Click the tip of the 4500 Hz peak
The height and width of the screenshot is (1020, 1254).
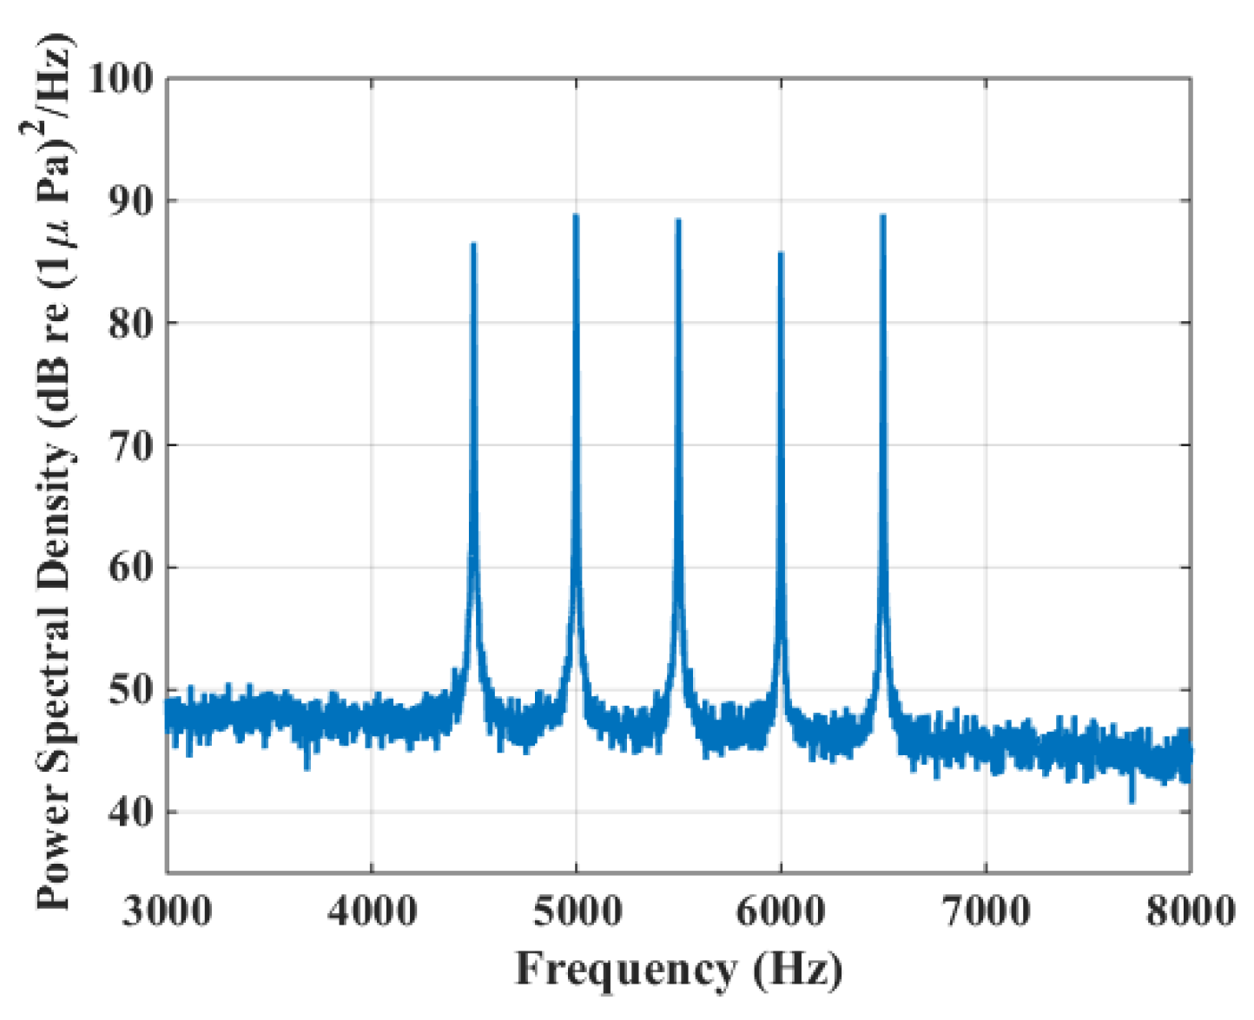[x=473, y=245]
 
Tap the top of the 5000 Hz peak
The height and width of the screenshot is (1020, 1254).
[x=576, y=216]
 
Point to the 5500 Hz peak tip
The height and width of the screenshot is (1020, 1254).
[x=678, y=220]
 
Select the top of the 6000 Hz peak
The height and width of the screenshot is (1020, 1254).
[x=781, y=253]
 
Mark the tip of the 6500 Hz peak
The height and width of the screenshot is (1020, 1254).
[x=883, y=216]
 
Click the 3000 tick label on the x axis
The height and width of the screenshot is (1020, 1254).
[x=167, y=911]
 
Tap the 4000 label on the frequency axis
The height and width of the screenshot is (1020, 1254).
[x=372, y=911]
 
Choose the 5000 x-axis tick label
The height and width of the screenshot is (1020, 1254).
[x=577, y=911]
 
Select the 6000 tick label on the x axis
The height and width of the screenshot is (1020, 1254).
[x=782, y=911]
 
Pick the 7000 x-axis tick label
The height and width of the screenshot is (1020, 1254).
[x=987, y=911]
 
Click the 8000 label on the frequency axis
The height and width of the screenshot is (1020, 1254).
[x=1190, y=911]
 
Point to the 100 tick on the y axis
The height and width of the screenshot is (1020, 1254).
[x=121, y=79]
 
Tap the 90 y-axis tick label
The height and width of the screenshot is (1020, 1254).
[x=130, y=201]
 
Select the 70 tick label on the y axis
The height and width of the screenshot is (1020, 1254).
[x=130, y=446]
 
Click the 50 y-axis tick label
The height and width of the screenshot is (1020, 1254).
[x=130, y=691]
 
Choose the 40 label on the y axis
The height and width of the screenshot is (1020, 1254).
[x=130, y=813]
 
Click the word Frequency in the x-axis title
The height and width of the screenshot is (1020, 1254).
[x=624, y=970]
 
